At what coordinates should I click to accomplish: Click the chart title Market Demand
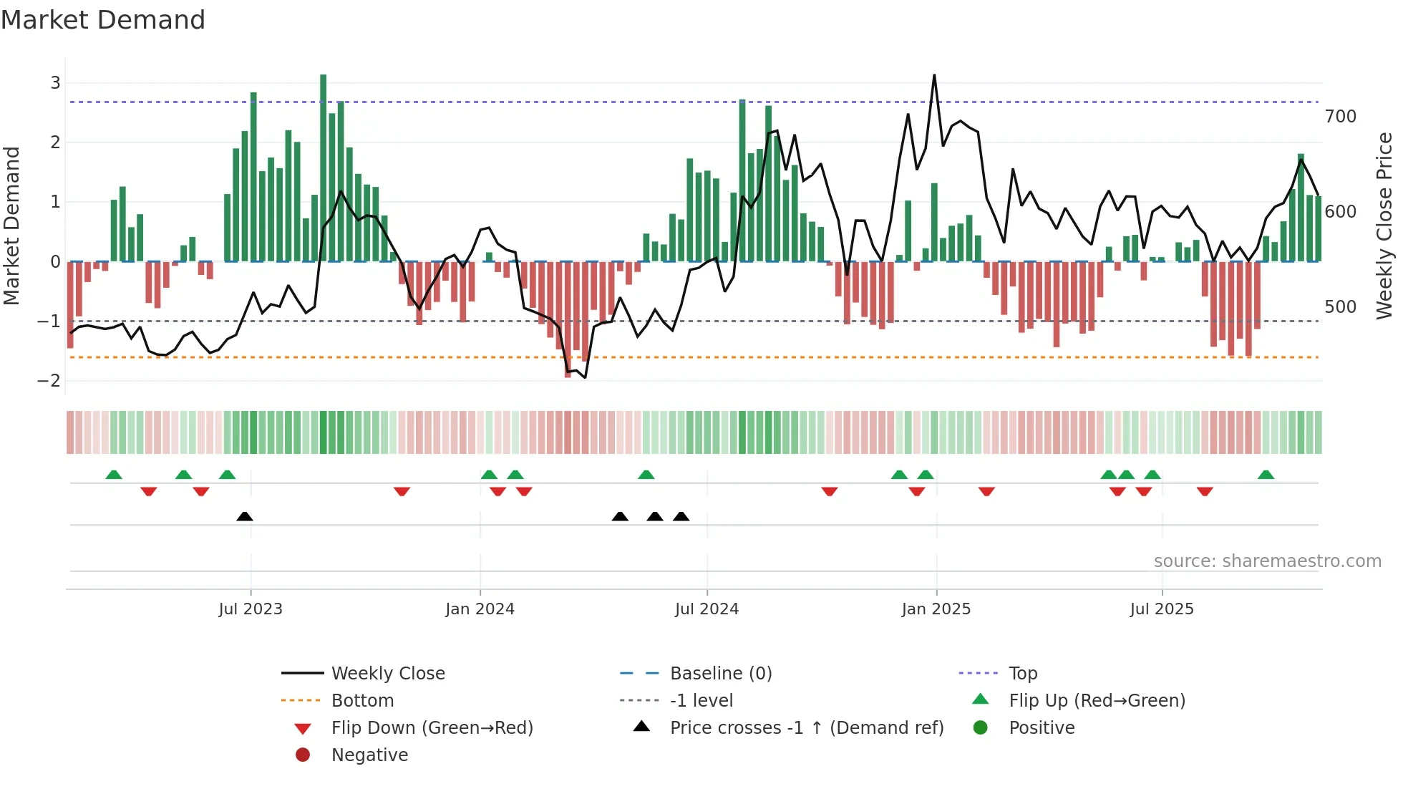pos(103,20)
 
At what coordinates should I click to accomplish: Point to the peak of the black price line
pos(934,75)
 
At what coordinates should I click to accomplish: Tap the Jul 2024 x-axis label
pos(707,609)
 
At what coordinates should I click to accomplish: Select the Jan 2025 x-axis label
pos(936,609)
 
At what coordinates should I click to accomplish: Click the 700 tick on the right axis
pos(1340,117)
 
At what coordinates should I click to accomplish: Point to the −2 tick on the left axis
pos(49,381)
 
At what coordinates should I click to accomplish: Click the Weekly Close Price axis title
pos(1384,226)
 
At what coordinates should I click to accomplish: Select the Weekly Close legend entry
pos(387,674)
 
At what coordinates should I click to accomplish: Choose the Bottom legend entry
pos(362,701)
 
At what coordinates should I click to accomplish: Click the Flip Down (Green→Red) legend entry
pos(432,728)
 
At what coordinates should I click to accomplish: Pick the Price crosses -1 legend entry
pos(806,728)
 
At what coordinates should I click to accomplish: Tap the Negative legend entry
pos(369,755)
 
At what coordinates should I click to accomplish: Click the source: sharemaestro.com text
pos(1267,561)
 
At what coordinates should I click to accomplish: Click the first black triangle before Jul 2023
pos(245,516)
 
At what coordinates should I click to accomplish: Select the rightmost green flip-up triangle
pos(1266,475)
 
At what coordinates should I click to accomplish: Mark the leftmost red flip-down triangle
pos(149,491)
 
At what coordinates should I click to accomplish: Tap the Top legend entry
pos(1022,674)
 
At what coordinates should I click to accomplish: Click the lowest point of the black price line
pos(585,377)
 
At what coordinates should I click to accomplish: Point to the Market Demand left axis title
pos(11,226)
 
